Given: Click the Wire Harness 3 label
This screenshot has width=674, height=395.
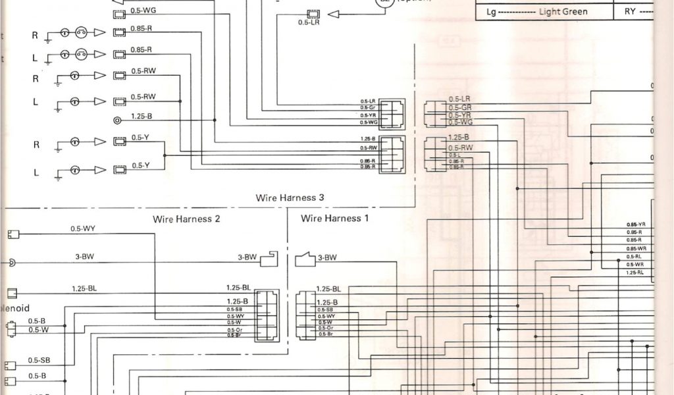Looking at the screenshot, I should click(290, 197).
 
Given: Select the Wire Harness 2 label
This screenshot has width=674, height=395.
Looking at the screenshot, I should click(186, 219).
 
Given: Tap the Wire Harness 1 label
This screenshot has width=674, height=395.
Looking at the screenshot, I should click(335, 219).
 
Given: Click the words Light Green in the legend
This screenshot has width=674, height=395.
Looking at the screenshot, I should click(563, 12).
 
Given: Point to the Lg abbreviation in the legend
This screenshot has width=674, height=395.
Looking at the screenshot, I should click(491, 12).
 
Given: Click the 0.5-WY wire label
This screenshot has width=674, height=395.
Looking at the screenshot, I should click(84, 229).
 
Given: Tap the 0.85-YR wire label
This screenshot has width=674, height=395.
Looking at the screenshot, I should click(636, 225).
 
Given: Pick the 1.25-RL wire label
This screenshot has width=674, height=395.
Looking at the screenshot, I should click(635, 273).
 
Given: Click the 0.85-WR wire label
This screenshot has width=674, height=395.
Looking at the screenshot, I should click(636, 249).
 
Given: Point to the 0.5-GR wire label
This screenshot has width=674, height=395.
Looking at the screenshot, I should click(460, 107).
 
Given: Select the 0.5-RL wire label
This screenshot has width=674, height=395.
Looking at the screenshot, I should click(635, 257).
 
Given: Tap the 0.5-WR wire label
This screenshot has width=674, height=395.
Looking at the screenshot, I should click(635, 265).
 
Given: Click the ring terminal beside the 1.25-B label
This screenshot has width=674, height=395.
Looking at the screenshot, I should click(118, 120).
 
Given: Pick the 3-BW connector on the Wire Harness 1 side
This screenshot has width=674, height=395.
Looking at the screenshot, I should click(305, 259).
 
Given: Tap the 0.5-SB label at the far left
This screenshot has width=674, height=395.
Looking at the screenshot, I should click(39, 360).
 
